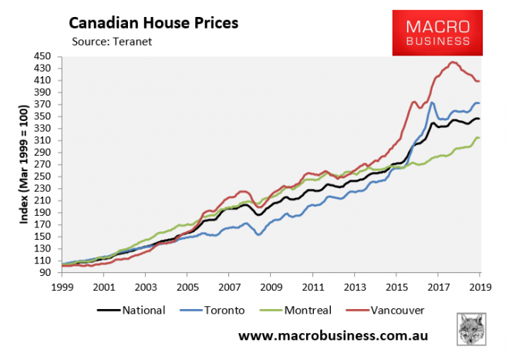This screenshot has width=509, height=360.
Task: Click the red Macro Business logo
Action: click(437, 32)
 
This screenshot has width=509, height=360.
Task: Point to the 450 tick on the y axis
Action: click(43, 56)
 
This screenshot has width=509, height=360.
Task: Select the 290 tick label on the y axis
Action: click(43, 153)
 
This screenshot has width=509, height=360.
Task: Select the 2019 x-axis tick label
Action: click(478, 286)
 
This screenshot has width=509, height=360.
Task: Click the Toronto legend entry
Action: click(217, 310)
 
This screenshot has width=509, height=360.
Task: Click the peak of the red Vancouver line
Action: click(452, 62)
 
